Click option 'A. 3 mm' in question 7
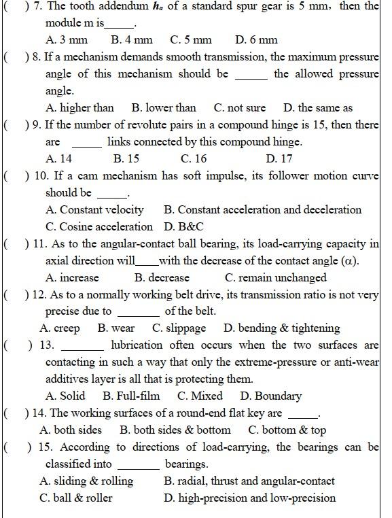[67, 40]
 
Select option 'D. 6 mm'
[256, 40]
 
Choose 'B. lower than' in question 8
[164, 107]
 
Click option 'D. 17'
[279, 159]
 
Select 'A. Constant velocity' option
[94, 209]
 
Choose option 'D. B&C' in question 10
[183, 226]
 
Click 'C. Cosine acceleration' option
[99, 226]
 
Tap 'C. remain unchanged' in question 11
[275, 277]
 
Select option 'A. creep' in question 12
[60, 328]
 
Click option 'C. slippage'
[179, 328]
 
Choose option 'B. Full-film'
[131, 396]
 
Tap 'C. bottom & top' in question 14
[287, 430]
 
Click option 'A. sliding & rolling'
[86, 481]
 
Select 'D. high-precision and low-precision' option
[249, 498]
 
